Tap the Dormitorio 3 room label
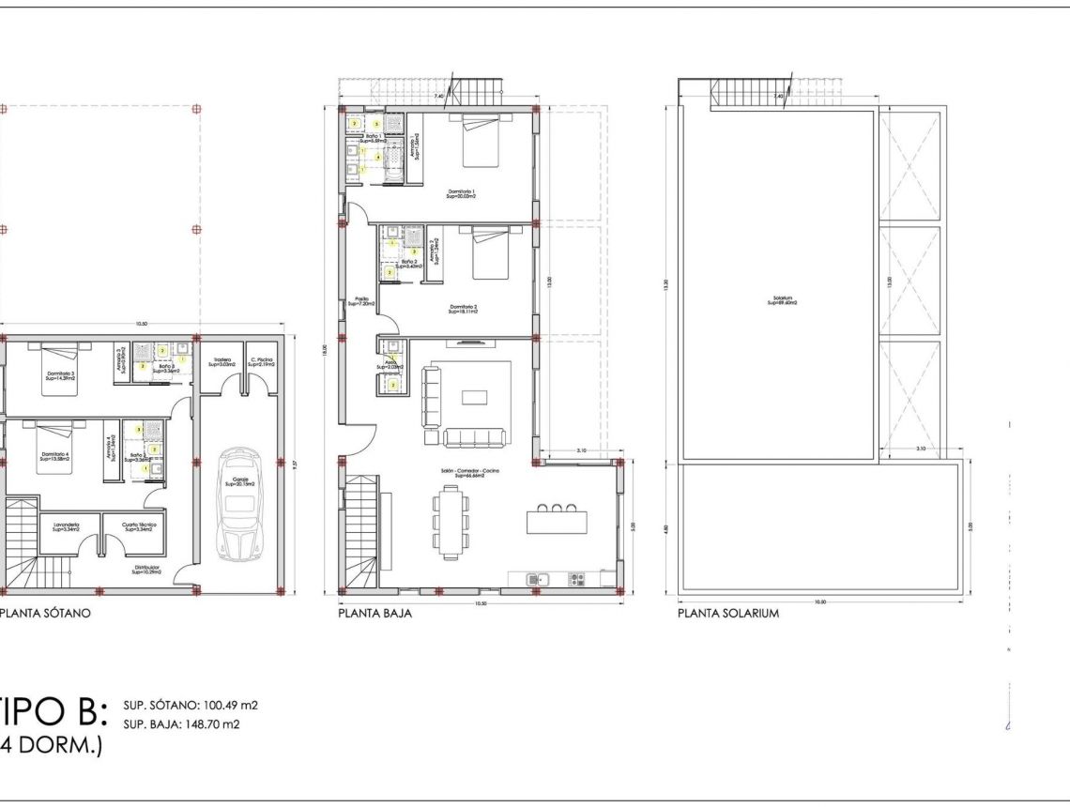pyautogui.click(x=61, y=375)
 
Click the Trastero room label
pyautogui.click(x=222, y=360)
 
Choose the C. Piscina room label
pyautogui.click(x=261, y=360)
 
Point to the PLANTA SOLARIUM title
pyautogui.click(x=728, y=614)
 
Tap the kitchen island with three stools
pyautogui.click(x=557, y=518)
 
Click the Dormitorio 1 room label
pyautogui.click(x=461, y=194)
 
